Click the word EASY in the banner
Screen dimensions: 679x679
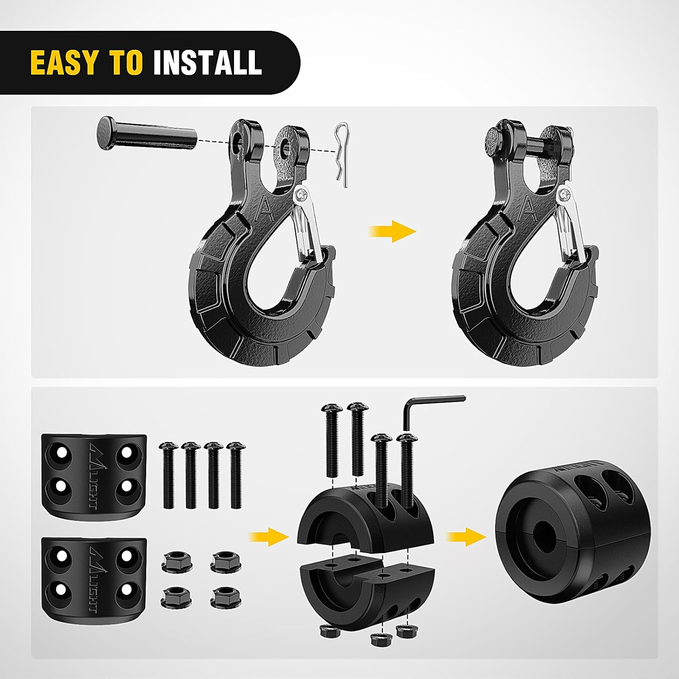click(64, 62)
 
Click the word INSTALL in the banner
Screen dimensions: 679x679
click(207, 62)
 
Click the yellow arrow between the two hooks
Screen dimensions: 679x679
click(392, 231)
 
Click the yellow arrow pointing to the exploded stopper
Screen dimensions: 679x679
click(269, 536)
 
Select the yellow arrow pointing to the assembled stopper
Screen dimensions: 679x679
click(466, 536)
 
